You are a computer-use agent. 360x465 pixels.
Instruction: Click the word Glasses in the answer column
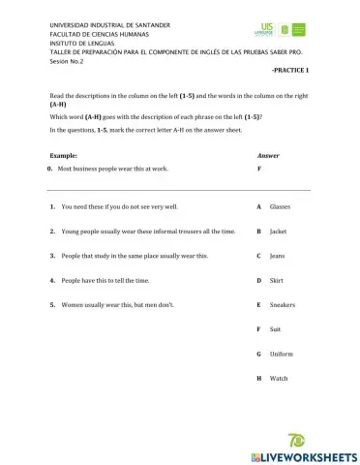click(x=280, y=207)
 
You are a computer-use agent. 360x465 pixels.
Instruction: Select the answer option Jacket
click(x=278, y=232)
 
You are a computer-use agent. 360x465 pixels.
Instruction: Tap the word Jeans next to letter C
click(x=277, y=256)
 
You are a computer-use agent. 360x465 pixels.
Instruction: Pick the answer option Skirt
click(x=277, y=280)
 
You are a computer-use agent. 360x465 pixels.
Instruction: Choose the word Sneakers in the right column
click(x=283, y=304)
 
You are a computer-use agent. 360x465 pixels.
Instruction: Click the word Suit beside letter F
click(x=275, y=329)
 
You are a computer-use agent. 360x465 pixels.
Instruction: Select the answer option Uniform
click(x=281, y=354)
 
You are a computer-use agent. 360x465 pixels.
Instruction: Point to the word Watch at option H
click(x=278, y=378)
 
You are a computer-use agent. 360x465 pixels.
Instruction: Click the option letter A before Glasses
click(x=258, y=207)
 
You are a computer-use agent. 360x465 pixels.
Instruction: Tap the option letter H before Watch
click(x=258, y=378)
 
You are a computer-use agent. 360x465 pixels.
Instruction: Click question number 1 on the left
click(x=50, y=207)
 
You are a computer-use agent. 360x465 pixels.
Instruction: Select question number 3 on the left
click(x=50, y=256)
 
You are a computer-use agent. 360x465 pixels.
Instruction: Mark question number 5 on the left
click(x=50, y=304)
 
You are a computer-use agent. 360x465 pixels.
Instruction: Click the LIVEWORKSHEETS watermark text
click(x=304, y=455)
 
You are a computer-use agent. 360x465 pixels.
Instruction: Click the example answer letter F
click(x=258, y=168)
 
